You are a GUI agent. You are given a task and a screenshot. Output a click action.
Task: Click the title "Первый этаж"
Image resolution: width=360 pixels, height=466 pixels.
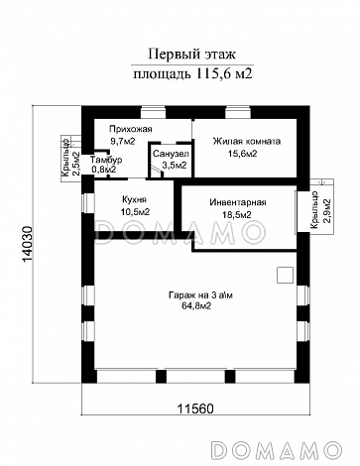(x=191, y=54)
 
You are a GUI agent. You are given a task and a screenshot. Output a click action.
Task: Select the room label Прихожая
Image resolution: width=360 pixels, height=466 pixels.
(x=131, y=129)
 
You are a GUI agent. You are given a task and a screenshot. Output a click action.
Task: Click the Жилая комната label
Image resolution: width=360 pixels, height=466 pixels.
(x=247, y=142)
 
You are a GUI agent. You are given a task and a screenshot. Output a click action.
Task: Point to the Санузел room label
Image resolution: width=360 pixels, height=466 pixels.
(x=171, y=154)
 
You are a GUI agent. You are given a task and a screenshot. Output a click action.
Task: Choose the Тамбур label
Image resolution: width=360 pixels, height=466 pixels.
(x=106, y=160)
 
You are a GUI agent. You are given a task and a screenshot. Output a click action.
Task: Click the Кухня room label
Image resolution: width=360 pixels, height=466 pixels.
(x=134, y=199)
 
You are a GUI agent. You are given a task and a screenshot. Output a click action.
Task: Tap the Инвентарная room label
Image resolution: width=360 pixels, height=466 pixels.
(x=238, y=202)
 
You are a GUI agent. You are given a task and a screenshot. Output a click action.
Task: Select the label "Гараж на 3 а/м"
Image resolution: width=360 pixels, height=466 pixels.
(x=200, y=294)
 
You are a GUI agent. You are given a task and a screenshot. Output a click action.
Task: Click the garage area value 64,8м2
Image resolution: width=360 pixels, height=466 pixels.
(x=196, y=306)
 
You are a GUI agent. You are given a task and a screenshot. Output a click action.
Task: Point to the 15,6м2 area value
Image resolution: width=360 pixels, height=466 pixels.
(x=242, y=154)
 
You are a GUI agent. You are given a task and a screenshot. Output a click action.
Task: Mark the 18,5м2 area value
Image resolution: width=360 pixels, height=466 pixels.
(x=236, y=215)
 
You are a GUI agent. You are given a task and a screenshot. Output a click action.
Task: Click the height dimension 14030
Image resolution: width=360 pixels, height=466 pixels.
(x=28, y=245)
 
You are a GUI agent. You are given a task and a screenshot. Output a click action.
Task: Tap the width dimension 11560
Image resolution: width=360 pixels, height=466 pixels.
(x=195, y=408)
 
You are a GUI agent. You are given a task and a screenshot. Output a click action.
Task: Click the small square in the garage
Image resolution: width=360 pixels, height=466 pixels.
(x=285, y=275)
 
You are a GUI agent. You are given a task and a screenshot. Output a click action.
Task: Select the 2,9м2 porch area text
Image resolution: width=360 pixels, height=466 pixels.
(x=327, y=211)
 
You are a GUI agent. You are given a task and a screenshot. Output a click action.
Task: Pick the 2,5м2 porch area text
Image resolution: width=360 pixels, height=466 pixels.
(x=75, y=163)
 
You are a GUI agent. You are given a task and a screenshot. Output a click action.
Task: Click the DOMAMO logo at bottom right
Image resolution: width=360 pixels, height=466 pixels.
(x=277, y=450)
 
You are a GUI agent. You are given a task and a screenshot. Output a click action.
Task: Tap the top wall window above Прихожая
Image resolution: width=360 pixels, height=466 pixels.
(x=153, y=112)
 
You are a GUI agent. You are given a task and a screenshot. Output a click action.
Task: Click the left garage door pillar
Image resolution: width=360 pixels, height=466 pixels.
(x=161, y=376)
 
